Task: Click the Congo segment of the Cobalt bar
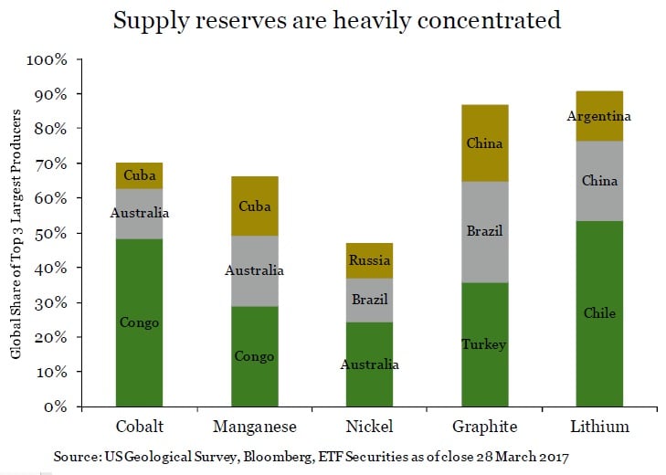click(x=139, y=322)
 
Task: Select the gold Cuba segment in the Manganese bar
click(x=254, y=206)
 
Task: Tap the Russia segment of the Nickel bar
click(x=369, y=260)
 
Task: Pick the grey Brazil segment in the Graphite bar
click(x=484, y=232)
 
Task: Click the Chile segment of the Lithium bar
click(x=599, y=313)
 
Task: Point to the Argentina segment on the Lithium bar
click(x=599, y=116)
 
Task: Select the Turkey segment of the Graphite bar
click(x=484, y=344)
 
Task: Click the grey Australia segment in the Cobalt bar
click(x=139, y=214)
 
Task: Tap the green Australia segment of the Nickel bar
click(x=369, y=364)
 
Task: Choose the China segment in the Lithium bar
click(x=599, y=181)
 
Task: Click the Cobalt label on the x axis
click(x=140, y=427)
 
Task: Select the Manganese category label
click(x=254, y=427)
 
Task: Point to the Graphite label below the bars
click(x=484, y=427)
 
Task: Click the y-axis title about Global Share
click(x=17, y=233)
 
